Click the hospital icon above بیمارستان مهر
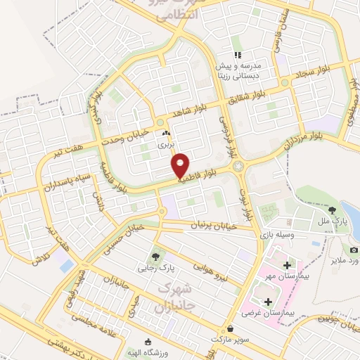pyautogui.click(x=286, y=265)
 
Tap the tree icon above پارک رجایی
pyautogui.click(x=155, y=256)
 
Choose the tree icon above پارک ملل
pyautogui.click(x=332, y=209)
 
